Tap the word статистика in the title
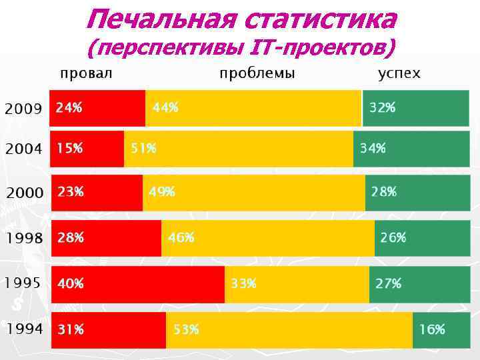pyautogui.click(x=321, y=19)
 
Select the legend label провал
pyautogui.click(x=86, y=73)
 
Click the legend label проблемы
pyautogui.click(x=257, y=73)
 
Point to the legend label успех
pyautogui.click(x=399, y=73)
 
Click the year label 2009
pyautogui.click(x=24, y=108)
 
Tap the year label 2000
pyautogui.click(x=25, y=193)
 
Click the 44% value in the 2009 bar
pyautogui.click(x=165, y=107)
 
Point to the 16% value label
pyautogui.click(x=432, y=329)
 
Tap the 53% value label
pyautogui.click(x=186, y=329)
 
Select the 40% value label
pyautogui.click(x=70, y=283)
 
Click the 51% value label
pyautogui.click(x=143, y=148)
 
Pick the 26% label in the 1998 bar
pyautogui.click(x=393, y=237)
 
